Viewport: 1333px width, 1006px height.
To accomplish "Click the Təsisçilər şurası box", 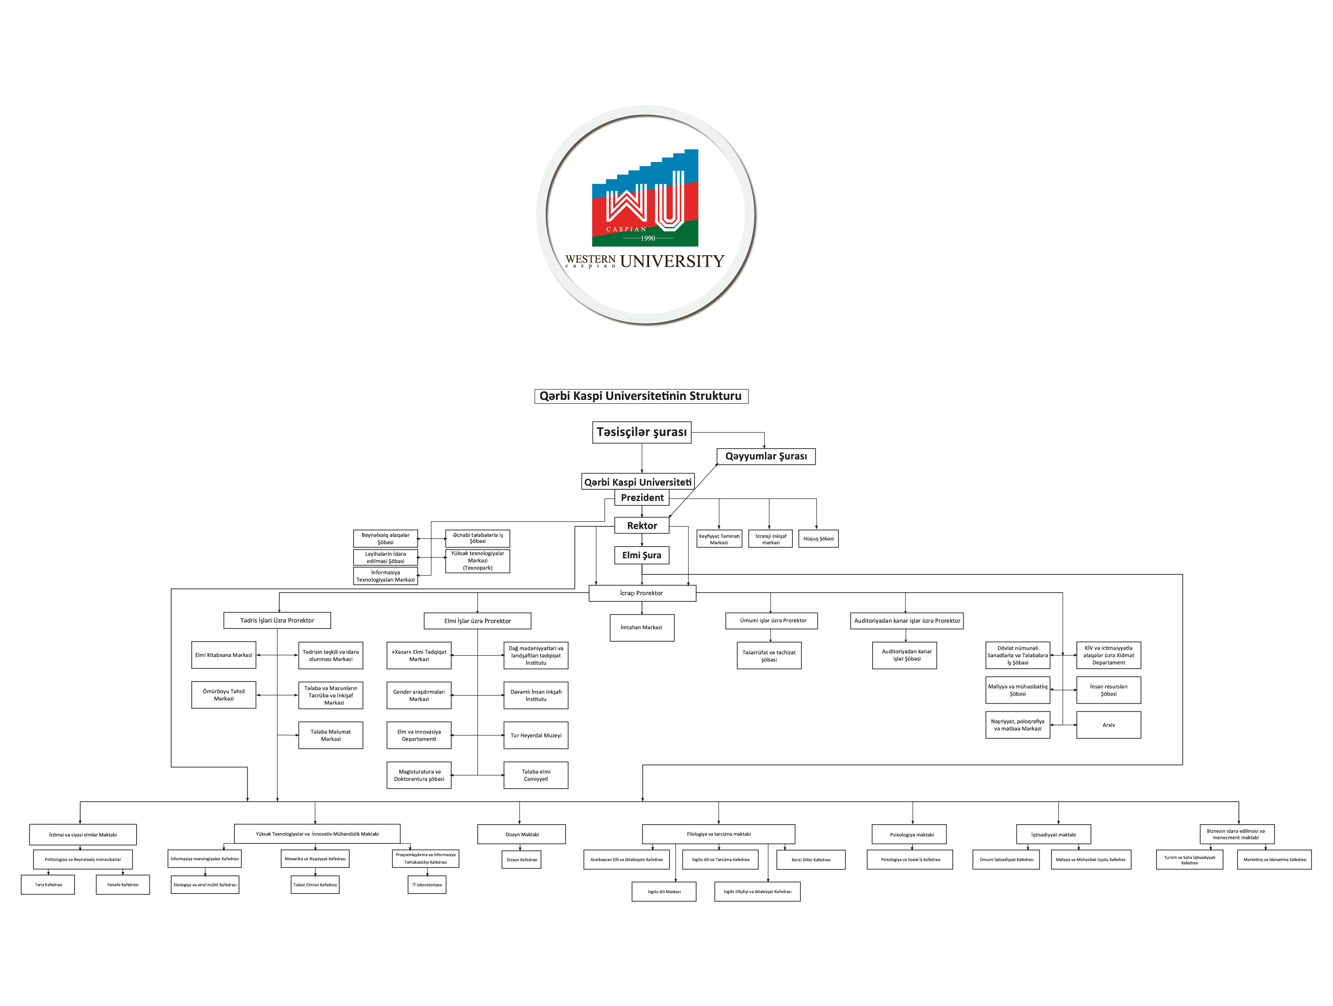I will click(641, 432).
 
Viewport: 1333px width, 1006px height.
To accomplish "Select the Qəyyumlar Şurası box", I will click(765, 456).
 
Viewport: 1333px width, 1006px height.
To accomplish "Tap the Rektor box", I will click(642, 526).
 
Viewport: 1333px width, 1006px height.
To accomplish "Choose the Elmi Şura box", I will click(641, 555).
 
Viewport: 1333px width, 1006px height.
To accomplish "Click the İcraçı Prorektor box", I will click(642, 593).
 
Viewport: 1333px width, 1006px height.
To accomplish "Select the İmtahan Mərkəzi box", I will click(642, 628).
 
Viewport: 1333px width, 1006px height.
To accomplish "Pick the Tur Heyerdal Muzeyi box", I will click(536, 736).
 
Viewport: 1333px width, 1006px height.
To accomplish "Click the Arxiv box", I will click(1108, 725).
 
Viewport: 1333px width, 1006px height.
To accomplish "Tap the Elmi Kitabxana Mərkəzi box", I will click(224, 655).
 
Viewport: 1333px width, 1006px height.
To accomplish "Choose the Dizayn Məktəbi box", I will click(521, 834).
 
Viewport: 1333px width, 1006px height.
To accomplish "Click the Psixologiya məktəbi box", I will click(912, 835).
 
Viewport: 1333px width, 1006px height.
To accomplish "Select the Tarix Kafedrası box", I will click(48, 885).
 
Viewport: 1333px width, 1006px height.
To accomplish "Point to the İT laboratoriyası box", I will click(427, 885).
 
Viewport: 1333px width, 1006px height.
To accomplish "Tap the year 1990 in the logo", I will click(648, 238).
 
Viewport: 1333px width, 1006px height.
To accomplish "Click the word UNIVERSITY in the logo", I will click(672, 261).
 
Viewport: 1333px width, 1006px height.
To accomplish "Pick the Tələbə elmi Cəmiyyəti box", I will click(536, 775).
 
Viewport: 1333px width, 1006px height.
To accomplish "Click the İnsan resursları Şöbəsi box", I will click(1108, 690).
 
